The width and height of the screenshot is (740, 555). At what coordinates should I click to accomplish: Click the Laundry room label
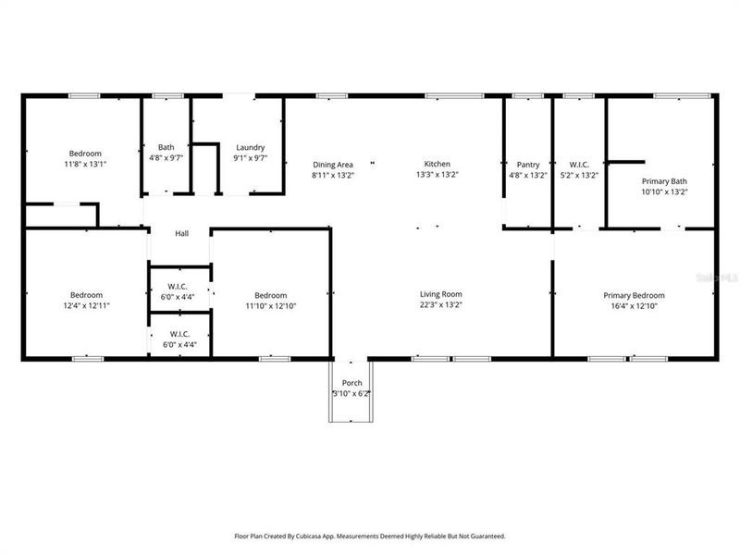[251, 147]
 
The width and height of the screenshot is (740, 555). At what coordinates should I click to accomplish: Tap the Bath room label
[166, 147]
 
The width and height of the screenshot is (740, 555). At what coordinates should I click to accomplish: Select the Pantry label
[528, 165]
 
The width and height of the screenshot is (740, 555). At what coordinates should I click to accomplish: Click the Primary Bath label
[664, 181]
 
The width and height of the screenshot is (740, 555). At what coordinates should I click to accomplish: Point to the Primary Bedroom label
[634, 296]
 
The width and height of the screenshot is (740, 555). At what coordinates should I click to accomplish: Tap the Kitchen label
[438, 165]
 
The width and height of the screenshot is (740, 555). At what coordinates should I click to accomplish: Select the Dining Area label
[332, 165]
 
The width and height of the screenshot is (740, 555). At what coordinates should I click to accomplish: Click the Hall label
[182, 233]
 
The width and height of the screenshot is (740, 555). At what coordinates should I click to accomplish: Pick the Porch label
[351, 383]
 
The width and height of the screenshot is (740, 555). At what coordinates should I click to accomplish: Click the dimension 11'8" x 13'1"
[85, 164]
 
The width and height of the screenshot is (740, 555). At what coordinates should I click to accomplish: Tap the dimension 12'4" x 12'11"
[85, 305]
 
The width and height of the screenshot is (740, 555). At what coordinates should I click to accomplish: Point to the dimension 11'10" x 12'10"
[271, 305]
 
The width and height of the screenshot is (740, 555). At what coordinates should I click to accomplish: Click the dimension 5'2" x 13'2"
[579, 175]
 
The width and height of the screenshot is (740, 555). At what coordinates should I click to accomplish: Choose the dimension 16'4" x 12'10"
[634, 306]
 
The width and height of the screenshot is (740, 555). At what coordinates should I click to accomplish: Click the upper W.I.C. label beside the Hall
[179, 285]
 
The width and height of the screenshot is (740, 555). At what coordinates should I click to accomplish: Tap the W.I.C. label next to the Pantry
[579, 165]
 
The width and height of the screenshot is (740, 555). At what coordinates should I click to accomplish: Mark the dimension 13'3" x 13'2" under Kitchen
[438, 175]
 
